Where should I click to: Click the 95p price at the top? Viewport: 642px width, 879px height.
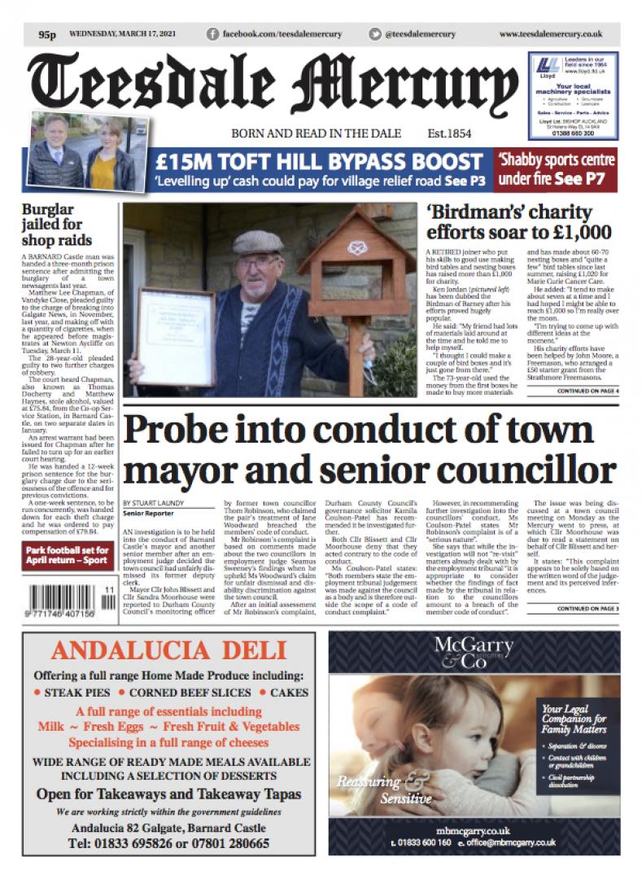coord(46,35)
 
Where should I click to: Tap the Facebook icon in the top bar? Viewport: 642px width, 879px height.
coord(213,34)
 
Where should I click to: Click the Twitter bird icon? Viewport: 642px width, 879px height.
coord(375,34)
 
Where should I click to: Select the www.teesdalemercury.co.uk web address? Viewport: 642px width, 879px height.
coord(550,34)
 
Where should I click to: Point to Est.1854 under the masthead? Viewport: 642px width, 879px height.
coord(449,133)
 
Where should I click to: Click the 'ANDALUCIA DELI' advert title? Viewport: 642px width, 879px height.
coord(171,651)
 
